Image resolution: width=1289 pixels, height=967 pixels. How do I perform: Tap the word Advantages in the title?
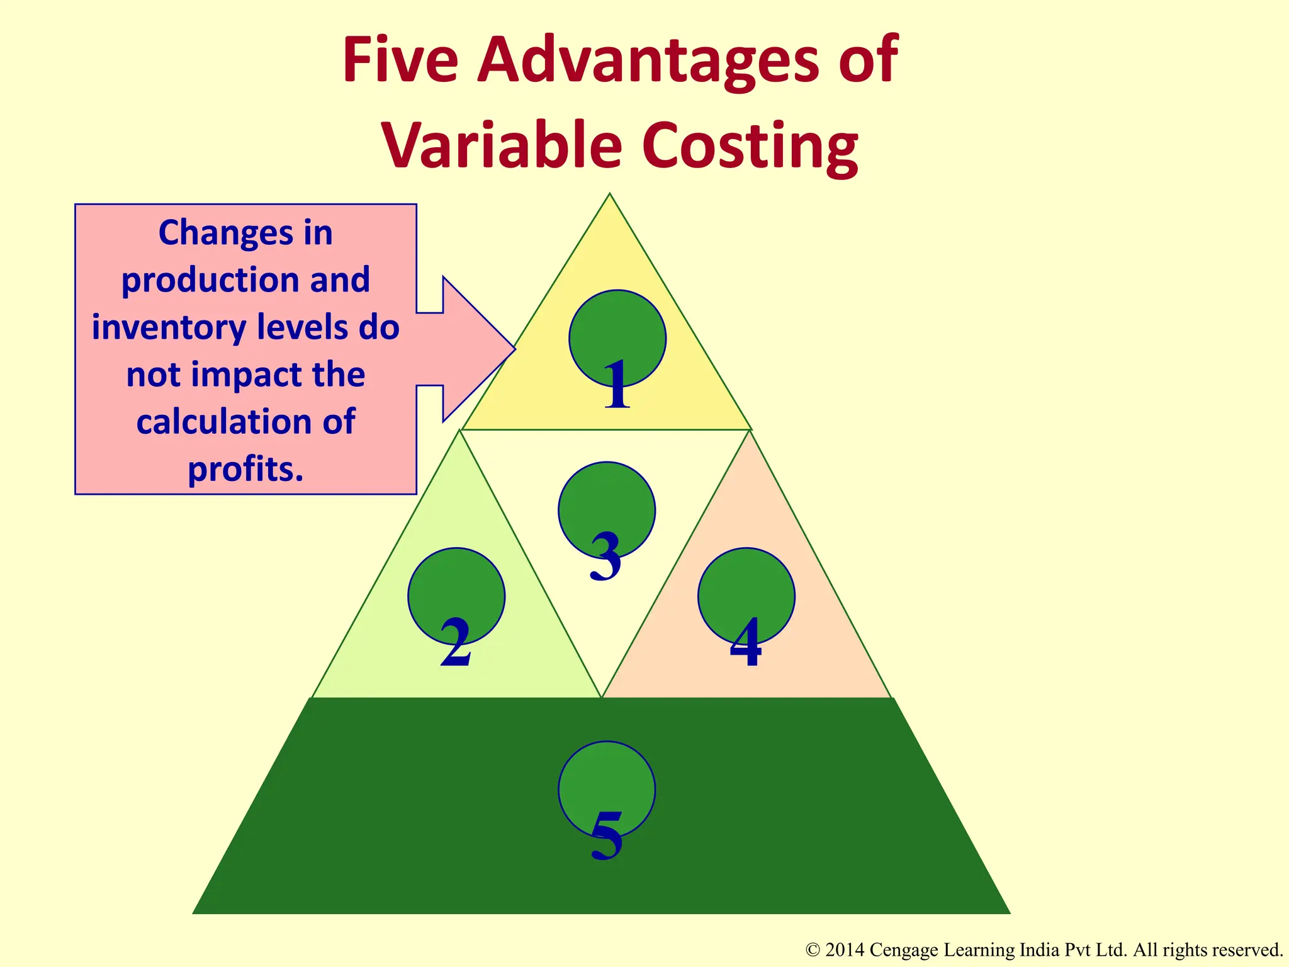pos(648,62)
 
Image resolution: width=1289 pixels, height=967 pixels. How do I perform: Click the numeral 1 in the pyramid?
pos(617,385)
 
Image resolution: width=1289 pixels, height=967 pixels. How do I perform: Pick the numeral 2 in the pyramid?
pos(456,643)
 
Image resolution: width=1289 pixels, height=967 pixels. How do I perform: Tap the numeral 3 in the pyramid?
pos(605,557)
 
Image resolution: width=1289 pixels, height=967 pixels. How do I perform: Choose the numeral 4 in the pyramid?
pos(746,643)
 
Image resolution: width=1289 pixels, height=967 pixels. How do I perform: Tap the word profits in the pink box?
pos(245,469)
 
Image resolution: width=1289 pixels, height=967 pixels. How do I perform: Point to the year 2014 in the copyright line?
pos(844,950)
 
